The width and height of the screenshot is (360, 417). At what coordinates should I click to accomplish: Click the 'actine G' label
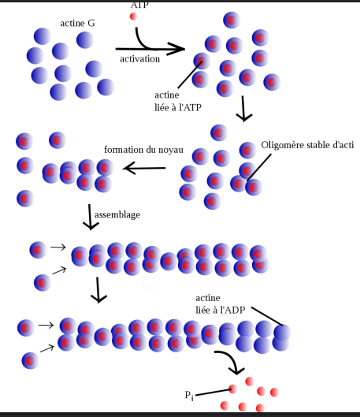[77, 23]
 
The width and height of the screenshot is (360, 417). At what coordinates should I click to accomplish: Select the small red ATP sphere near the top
[134, 16]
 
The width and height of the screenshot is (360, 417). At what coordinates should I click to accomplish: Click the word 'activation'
[140, 58]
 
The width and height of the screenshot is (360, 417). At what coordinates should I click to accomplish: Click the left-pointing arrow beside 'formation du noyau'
[143, 168]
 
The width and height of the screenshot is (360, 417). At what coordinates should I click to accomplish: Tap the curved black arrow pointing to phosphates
[231, 362]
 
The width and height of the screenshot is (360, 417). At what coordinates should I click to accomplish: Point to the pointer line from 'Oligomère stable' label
[264, 165]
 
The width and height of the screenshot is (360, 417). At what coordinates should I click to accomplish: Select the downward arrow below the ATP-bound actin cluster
[245, 110]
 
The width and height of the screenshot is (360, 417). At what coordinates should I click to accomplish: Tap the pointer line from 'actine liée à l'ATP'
[187, 74]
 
